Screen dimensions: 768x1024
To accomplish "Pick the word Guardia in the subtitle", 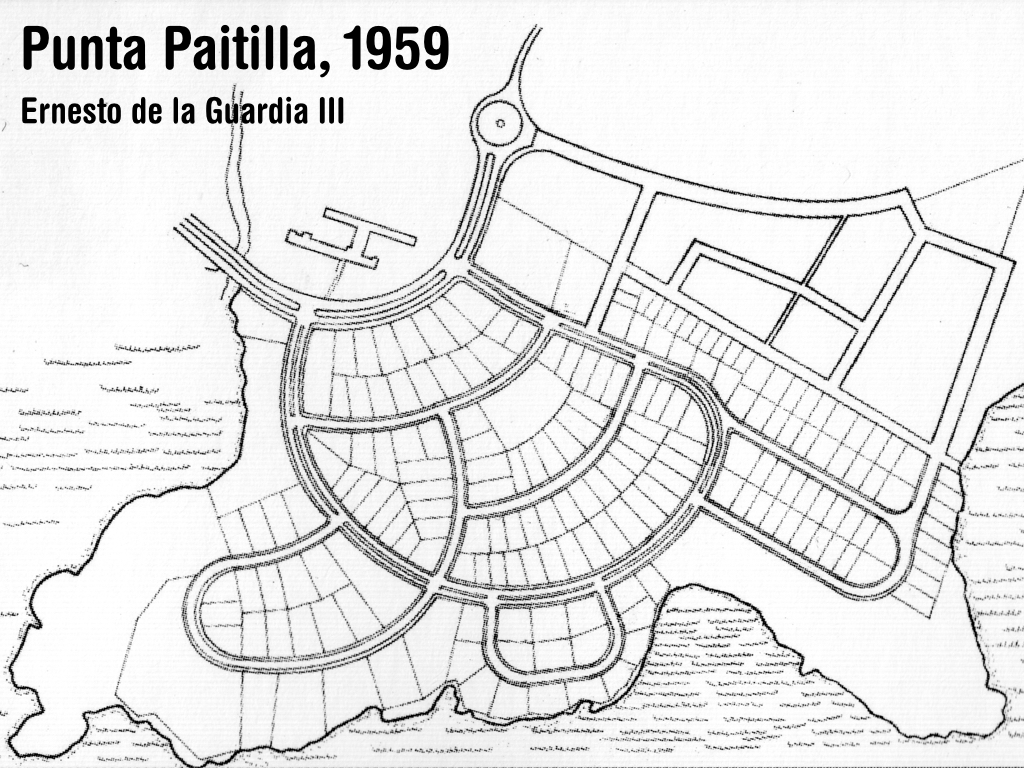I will (x=258, y=111).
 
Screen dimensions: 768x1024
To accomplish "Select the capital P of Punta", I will (x=35, y=51).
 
